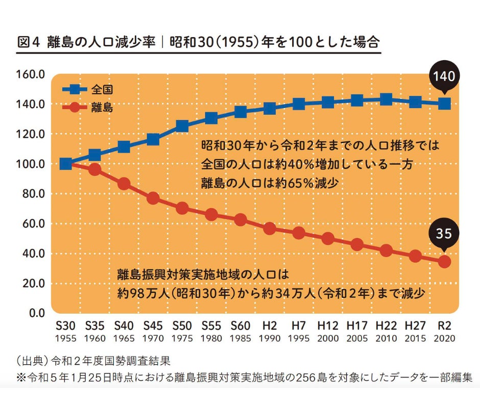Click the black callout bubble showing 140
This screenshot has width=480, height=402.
[x=444, y=77]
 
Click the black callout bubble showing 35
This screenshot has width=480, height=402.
[x=444, y=234]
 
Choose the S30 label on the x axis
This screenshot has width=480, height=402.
[x=65, y=325]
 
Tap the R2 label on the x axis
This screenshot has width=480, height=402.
[x=444, y=325]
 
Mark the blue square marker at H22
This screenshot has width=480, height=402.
[x=386, y=99]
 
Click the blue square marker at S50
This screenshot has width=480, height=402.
[x=182, y=125]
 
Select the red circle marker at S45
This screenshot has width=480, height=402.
[x=153, y=198]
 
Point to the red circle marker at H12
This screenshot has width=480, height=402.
[x=328, y=239]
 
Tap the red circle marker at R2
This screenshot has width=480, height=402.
[x=444, y=261]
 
